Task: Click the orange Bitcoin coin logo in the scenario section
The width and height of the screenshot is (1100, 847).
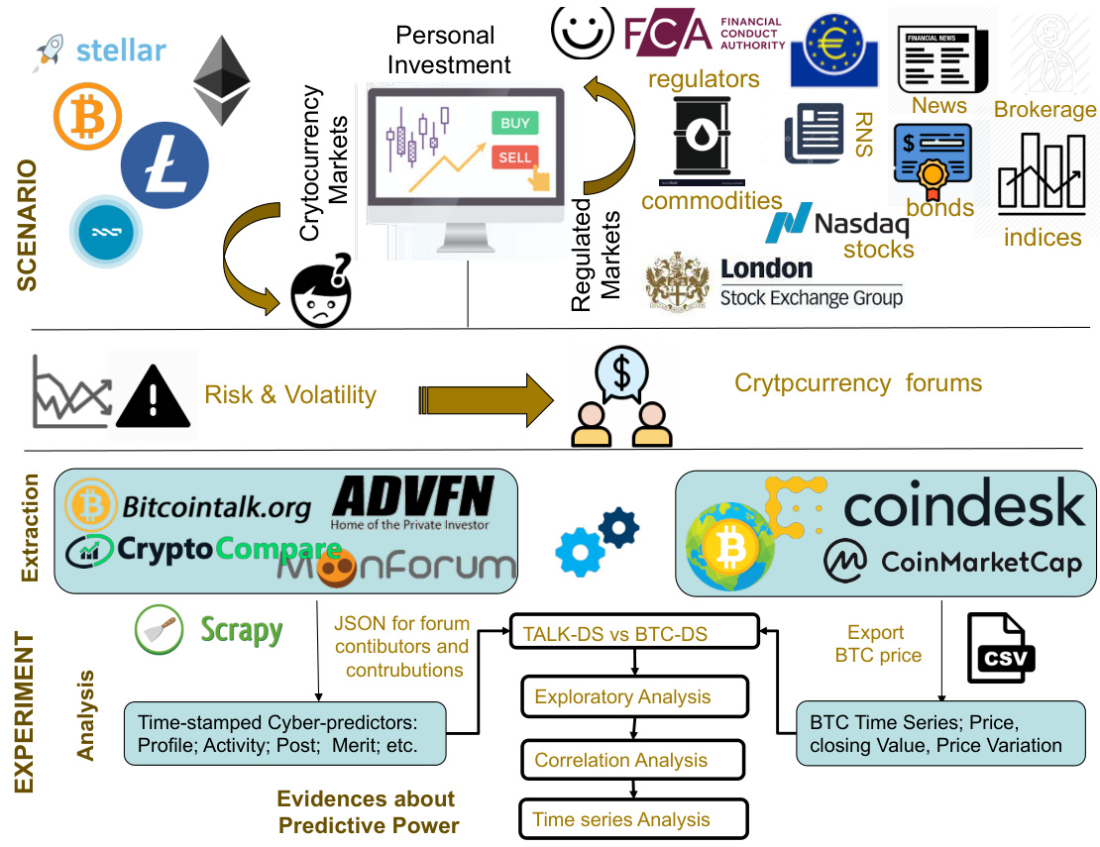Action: point(88,116)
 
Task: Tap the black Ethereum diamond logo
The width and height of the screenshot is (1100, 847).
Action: point(221,80)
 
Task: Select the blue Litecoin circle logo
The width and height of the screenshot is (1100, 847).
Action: point(165,163)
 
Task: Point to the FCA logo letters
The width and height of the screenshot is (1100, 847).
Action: point(668,34)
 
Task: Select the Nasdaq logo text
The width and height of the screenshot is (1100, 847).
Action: point(860,225)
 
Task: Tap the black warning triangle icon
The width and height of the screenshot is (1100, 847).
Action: point(153,398)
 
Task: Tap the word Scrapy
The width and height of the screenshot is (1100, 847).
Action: point(242,630)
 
